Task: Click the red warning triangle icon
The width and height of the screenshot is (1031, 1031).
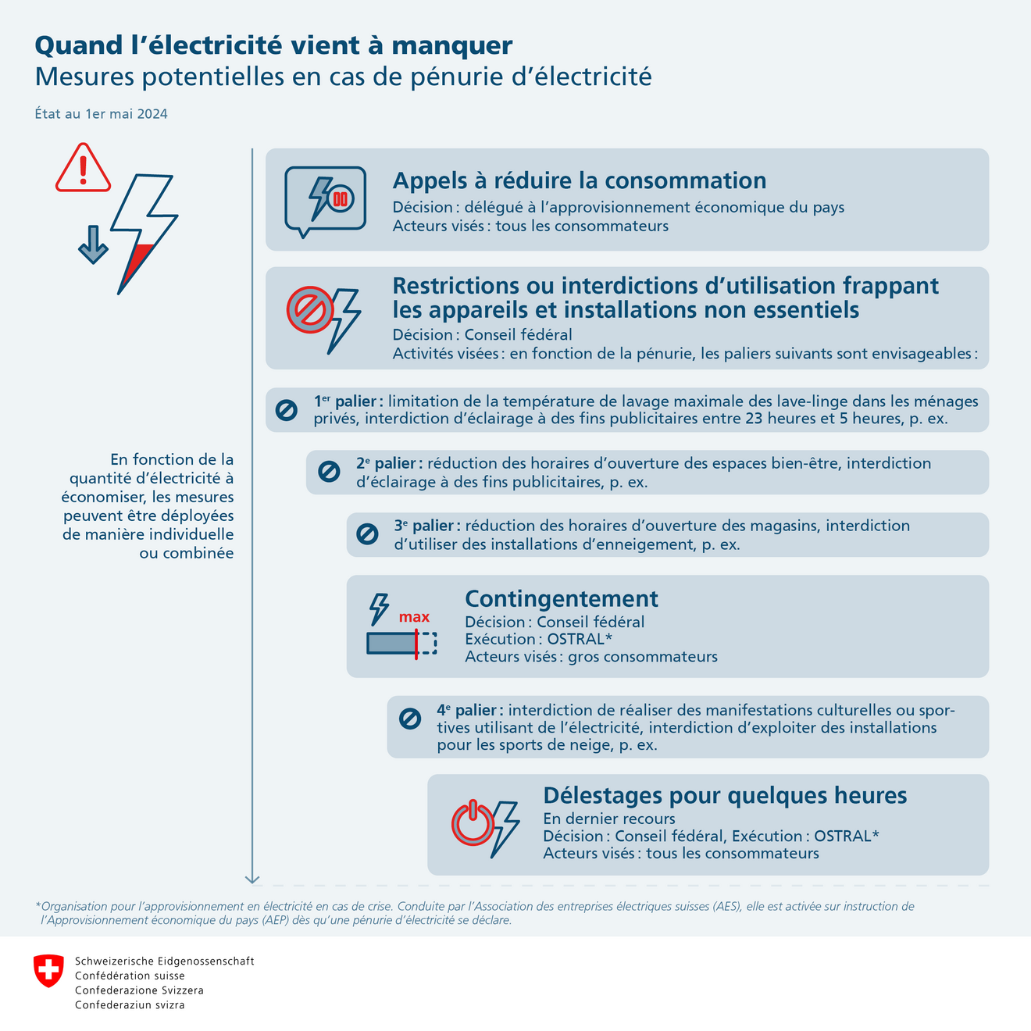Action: pos(83,168)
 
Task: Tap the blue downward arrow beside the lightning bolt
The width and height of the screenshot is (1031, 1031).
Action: pos(93,244)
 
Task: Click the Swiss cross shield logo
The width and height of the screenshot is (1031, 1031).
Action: pos(48,970)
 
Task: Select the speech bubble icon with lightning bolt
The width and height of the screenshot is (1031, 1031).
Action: pos(325,200)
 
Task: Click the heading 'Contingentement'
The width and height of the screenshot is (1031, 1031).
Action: pos(561,599)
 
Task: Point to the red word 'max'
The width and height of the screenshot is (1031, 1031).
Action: pos(414,617)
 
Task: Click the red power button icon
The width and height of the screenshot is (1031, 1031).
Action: pos(472,823)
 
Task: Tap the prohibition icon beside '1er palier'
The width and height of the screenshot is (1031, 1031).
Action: pos(286,409)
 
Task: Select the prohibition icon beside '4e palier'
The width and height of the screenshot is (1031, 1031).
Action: pos(409,719)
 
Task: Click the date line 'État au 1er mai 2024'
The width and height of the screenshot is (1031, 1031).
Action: pos(101,114)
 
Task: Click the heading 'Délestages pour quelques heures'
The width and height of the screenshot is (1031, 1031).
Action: pos(725,795)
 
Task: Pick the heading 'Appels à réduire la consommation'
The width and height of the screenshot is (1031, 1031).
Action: pos(579,180)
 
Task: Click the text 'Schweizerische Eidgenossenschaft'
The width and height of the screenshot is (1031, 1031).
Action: pos(164,961)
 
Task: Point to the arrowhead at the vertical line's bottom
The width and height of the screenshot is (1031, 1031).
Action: pos(252,879)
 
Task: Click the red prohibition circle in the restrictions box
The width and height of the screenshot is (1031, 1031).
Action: pos(310,310)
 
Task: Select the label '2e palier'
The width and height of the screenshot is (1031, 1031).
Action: pos(388,463)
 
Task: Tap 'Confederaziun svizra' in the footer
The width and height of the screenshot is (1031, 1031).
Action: pos(130,1004)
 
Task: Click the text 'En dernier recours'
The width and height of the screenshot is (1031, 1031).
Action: pos(608,819)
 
